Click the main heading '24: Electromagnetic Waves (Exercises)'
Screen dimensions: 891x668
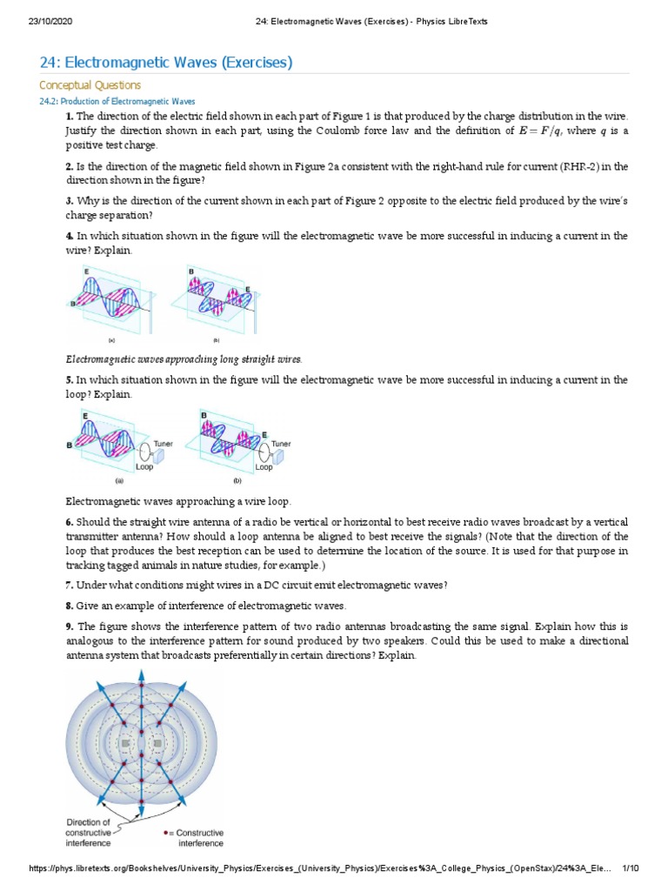click(166, 62)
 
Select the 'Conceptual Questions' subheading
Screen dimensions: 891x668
click(90, 85)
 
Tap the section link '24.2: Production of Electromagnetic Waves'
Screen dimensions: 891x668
click(118, 102)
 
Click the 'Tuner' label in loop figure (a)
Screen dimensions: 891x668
click(163, 444)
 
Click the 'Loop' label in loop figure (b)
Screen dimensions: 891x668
click(264, 467)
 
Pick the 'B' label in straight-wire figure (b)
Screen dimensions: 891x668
click(191, 272)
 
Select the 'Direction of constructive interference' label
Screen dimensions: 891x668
click(89, 832)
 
